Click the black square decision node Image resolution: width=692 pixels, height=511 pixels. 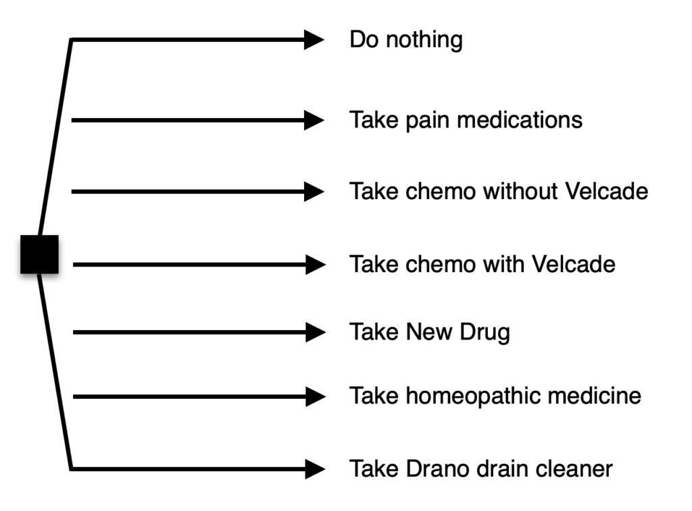(39, 254)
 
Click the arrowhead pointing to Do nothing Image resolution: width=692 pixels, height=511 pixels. (314, 40)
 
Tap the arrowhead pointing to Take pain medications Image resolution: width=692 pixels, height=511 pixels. (314, 120)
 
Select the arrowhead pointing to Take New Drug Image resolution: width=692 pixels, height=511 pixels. (316, 332)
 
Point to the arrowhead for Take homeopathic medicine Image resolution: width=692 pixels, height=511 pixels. (316, 397)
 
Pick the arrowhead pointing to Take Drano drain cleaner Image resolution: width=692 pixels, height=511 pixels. (316, 468)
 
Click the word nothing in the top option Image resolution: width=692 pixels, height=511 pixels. (424, 41)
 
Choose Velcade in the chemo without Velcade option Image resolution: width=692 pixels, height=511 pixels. (606, 191)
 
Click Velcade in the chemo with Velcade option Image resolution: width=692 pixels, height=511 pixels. (574, 264)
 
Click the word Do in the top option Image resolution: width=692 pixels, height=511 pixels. (364, 39)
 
